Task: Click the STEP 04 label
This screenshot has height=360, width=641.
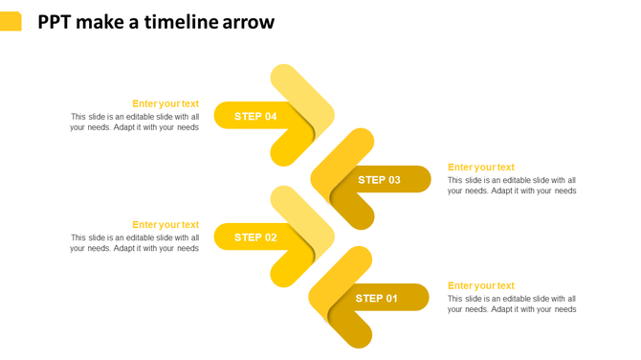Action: click(255, 117)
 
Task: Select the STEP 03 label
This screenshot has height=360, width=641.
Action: click(379, 180)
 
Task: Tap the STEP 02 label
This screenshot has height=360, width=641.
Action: click(255, 237)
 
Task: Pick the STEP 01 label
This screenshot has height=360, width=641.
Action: click(377, 299)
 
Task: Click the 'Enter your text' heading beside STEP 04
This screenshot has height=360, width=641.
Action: click(166, 103)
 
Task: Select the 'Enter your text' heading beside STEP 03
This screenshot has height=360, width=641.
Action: click(480, 168)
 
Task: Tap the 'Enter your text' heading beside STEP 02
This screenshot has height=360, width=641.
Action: click(166, 225)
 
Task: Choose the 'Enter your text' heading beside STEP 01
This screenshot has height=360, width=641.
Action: click(480, 285)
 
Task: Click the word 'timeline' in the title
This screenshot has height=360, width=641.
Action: click(181, 22)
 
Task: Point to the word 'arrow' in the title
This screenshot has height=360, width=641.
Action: click(248, 22)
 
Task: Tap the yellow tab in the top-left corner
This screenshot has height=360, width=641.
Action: click(11, 21)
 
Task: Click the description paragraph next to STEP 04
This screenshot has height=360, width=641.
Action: click(134, 123)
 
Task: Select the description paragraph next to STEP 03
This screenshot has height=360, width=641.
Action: click(512, 186)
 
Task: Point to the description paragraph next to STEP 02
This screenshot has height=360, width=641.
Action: click(134, 243)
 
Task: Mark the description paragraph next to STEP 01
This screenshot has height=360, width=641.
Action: click(512, 304)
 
